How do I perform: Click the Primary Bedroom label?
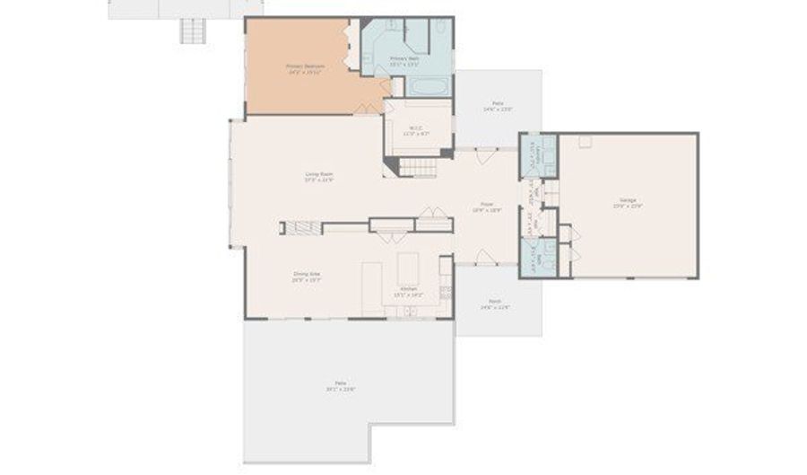point(305,68)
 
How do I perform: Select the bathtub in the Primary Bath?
point(429,87)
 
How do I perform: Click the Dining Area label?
point(307,276)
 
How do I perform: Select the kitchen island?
point(409,267)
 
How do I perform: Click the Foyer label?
point(487,207)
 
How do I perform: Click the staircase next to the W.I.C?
point(418,167)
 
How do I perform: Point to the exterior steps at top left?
point(193,32)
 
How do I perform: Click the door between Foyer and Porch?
point(485,259)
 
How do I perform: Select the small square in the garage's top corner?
point(585,141)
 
